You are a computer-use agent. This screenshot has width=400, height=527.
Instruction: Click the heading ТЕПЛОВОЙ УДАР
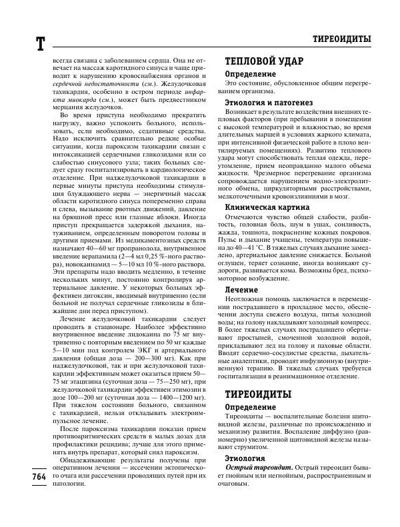point(264,60)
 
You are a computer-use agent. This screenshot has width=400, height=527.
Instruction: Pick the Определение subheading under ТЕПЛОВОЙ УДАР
point(250,73)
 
